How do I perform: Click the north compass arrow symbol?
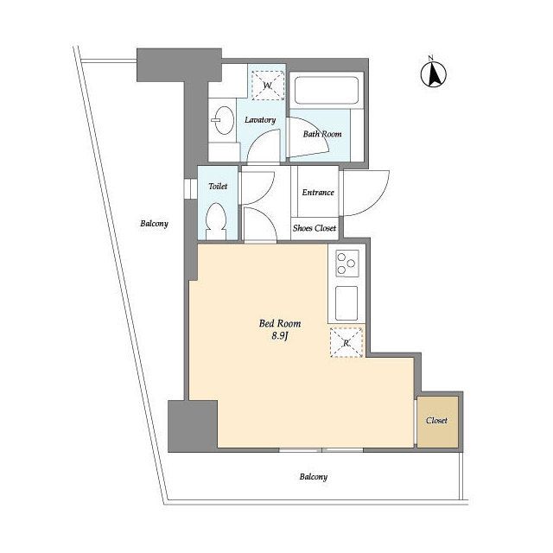pos(434,73)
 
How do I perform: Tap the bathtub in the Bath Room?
pos(327,91)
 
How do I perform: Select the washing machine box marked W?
pos(268,86)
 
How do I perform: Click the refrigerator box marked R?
pos(346,342)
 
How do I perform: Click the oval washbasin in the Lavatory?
pos(224,120)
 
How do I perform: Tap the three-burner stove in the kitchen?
pos(347,263)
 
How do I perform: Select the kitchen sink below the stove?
pos(346,303)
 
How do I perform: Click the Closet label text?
pos(436,421)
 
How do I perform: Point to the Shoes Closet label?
pos(315,228)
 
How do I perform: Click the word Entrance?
pos(318,192)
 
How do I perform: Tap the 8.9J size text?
pos(280,336)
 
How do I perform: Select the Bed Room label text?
pos(280,323)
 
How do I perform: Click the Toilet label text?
pos(218,187)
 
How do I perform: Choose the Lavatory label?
pos(260,120)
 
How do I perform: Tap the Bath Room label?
pos(322,134)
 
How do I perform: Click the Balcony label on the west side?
pos(154,224)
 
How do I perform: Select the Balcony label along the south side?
pos(314,477)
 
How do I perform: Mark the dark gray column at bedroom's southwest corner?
pos(192,426)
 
